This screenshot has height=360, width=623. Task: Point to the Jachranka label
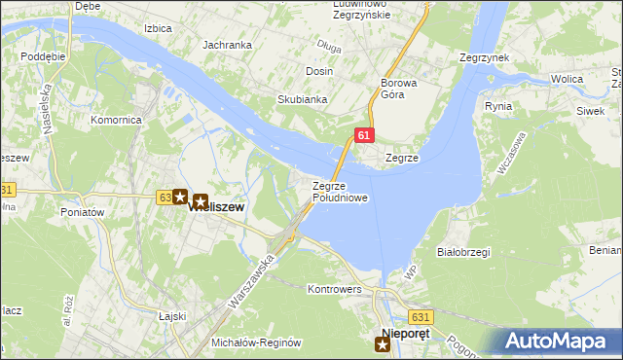pyautogui.click(x=227, y=45)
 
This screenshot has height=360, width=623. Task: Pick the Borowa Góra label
pyautogui.click(x=398, y=89)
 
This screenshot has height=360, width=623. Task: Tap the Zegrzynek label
pyautogui.click(x=484, y=58)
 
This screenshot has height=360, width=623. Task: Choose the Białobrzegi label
pyautogui.click(x=463, y=251)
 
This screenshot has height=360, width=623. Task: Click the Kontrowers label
pyautogui.click(x=334, y=290)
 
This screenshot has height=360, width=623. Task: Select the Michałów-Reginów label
pyautogui.click(x=258, y=343)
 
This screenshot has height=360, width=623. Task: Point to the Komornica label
pyautogui.click(x=117, y=120)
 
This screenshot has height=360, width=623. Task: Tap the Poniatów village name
pyautogui.click(x=82, y=212)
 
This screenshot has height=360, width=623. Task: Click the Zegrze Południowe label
pyautogui.click(x=340, y=192)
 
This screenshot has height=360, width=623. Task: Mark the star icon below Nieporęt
pyautogui.click(x=383, y=343)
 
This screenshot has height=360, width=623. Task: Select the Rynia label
pyautogui.click(x=497, y=106)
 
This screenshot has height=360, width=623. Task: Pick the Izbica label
pyautogui.click(x=158, y=28)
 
